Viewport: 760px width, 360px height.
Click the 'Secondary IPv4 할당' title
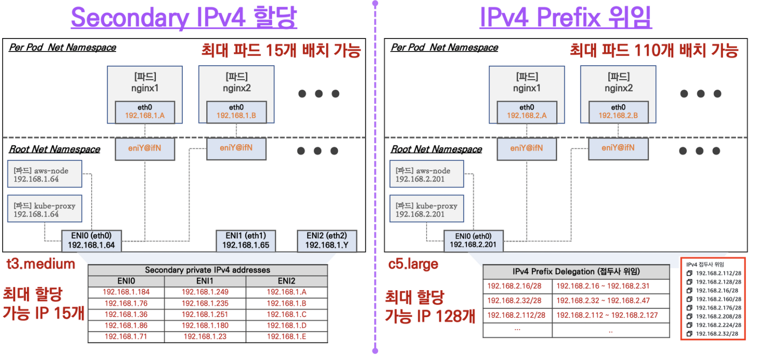tap(184, 18)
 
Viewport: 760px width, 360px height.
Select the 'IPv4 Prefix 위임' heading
tap(565, 18)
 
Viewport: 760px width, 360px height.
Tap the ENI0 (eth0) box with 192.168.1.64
tap(91, 240)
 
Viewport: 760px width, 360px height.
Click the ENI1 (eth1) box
tap(246, 240)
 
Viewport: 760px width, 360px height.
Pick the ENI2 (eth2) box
tap(327, 240)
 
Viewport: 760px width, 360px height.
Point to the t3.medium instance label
tap(41, 264)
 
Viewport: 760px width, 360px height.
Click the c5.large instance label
tap(413, 264)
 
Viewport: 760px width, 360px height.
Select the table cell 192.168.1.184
tap(126, 292)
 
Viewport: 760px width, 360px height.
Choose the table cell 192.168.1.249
tap(205, 292)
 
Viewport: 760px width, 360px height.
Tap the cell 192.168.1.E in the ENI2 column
tap(286, 336)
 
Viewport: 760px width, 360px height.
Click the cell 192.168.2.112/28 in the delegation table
tap(517, 315)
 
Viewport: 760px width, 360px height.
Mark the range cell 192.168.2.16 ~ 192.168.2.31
tap(603, 286)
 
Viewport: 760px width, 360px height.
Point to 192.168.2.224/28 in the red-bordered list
tap(718, 325)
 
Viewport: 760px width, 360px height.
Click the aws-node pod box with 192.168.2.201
tap(427, 175)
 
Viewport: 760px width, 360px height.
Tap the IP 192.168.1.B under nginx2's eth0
tap(236, 116)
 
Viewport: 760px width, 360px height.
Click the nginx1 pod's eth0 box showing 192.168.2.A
tap(527, 111)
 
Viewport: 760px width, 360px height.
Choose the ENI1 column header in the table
tap(205, 281)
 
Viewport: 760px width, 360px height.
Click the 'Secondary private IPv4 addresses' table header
tap(208, 270)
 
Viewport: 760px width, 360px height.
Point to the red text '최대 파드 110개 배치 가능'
tap(654, 50)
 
